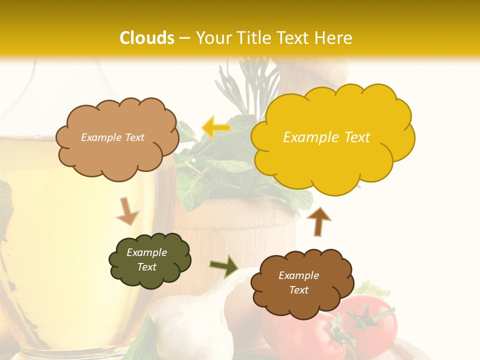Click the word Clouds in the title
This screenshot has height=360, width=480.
tap(147, 38)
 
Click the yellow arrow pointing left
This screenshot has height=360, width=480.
tap(215, 127)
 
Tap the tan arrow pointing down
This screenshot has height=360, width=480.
tap(127, 210)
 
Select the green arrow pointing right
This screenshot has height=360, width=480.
tap(223, 266)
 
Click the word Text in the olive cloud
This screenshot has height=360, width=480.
tap(147, 267)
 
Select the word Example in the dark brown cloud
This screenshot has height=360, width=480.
tap(298, 275)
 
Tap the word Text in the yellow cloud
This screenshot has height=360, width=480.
tap(357, 137)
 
